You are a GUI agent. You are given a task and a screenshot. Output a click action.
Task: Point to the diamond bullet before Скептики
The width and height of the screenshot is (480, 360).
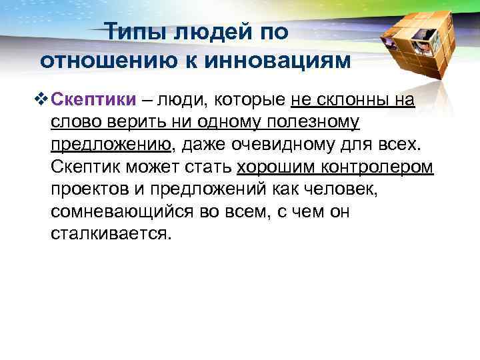43,100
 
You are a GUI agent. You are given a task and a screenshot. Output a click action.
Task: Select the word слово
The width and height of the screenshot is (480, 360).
73,123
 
